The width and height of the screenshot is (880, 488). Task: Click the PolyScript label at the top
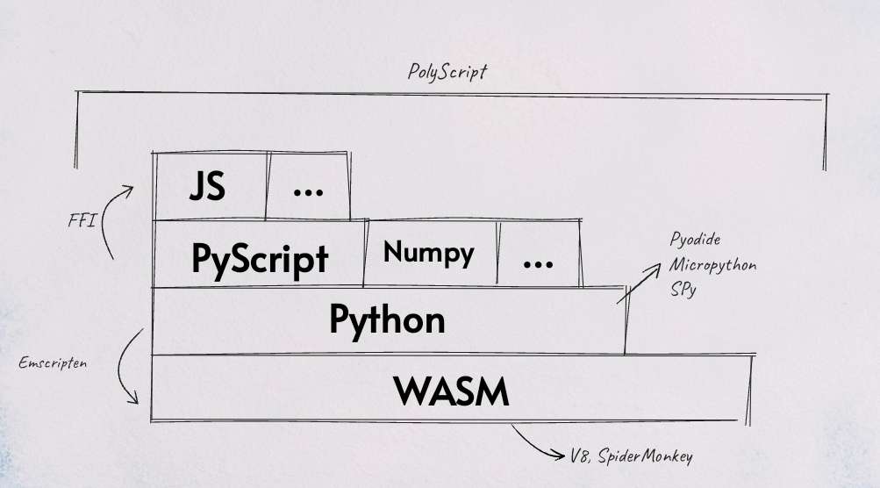pyautogui.click(x=447, y=72)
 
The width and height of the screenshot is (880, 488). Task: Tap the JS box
pyautogui.click(x=208, y=187)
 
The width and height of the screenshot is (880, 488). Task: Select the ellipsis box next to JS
pyautogui.click(x=308, y=187)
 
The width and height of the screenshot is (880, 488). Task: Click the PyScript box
pyautogui.click(x=260, y=257)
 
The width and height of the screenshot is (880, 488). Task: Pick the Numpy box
pyautogui.click(x=429, y=253)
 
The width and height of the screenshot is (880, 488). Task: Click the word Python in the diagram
pyautogui.click(x=387, y=319)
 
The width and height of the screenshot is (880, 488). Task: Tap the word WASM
pyautogui.click(x=451, y=391)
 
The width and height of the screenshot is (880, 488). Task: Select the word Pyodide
pyautogui.click(x=695, y=239)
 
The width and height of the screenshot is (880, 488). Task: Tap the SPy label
pyautogui.click(x=683, y=288)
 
